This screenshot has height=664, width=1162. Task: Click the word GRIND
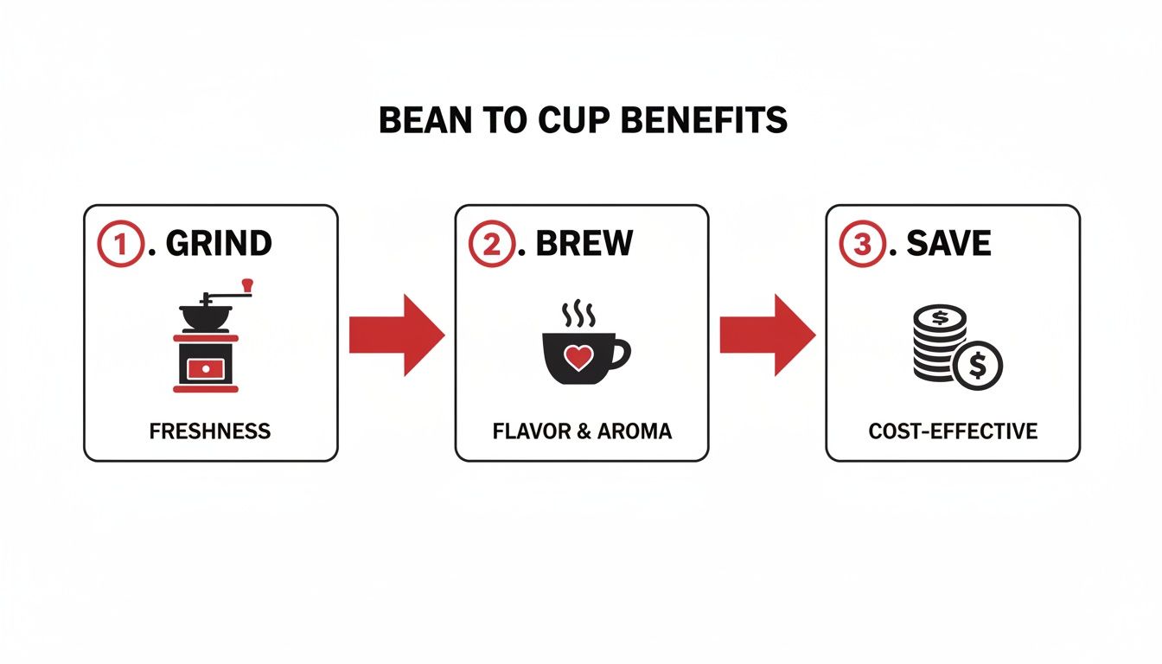(219, 245)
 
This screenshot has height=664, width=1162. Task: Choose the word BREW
(584, 245)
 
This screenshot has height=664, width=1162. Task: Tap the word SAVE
(948, 245)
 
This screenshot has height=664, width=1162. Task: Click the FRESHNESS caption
(210, 431)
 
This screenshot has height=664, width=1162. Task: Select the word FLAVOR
(527, 431)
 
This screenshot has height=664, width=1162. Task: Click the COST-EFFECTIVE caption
(953, 431)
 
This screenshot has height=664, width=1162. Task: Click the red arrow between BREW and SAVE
(767, 335)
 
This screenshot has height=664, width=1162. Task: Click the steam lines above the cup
(578, 315)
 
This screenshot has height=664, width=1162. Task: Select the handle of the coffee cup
(621, 353)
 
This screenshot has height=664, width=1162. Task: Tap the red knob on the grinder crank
(248, 284)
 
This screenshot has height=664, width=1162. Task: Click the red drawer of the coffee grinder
(205, 367)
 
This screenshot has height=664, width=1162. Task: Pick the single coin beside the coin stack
(978, 366)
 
